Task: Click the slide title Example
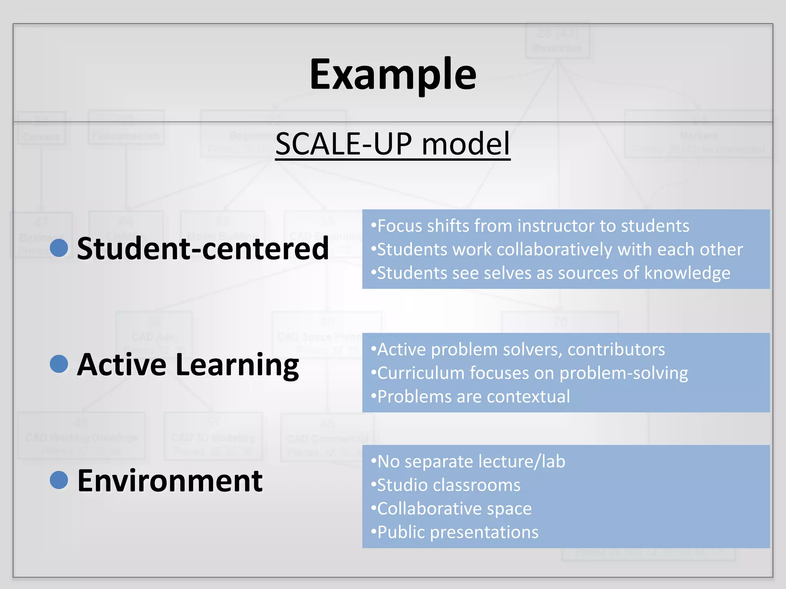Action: click(393, 75)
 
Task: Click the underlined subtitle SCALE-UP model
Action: click(393, 144)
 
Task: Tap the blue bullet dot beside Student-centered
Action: click(59, 248)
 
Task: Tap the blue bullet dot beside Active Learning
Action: click(59, 364)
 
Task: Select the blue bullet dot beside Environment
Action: click(59, 480)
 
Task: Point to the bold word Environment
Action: click(170, 481)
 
